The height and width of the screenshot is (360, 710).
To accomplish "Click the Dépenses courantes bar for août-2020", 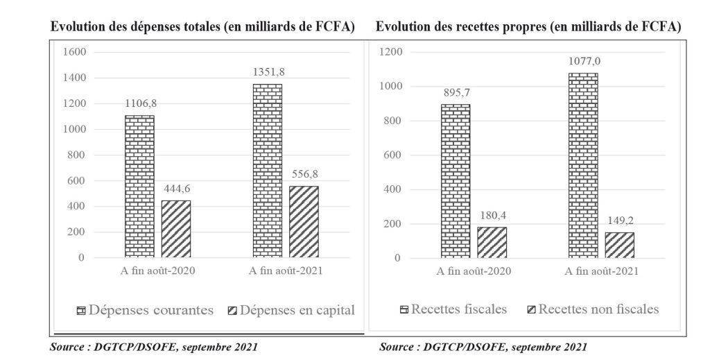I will [x=139, y=186].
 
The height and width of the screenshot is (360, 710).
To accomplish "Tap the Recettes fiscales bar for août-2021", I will [x=582, y=165].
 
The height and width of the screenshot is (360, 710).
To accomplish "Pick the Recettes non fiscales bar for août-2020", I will [x=492, y=242].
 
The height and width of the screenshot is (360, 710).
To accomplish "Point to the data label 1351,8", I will [x=267, y=70].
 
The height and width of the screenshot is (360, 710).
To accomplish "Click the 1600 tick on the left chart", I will [x=74, y=52].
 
